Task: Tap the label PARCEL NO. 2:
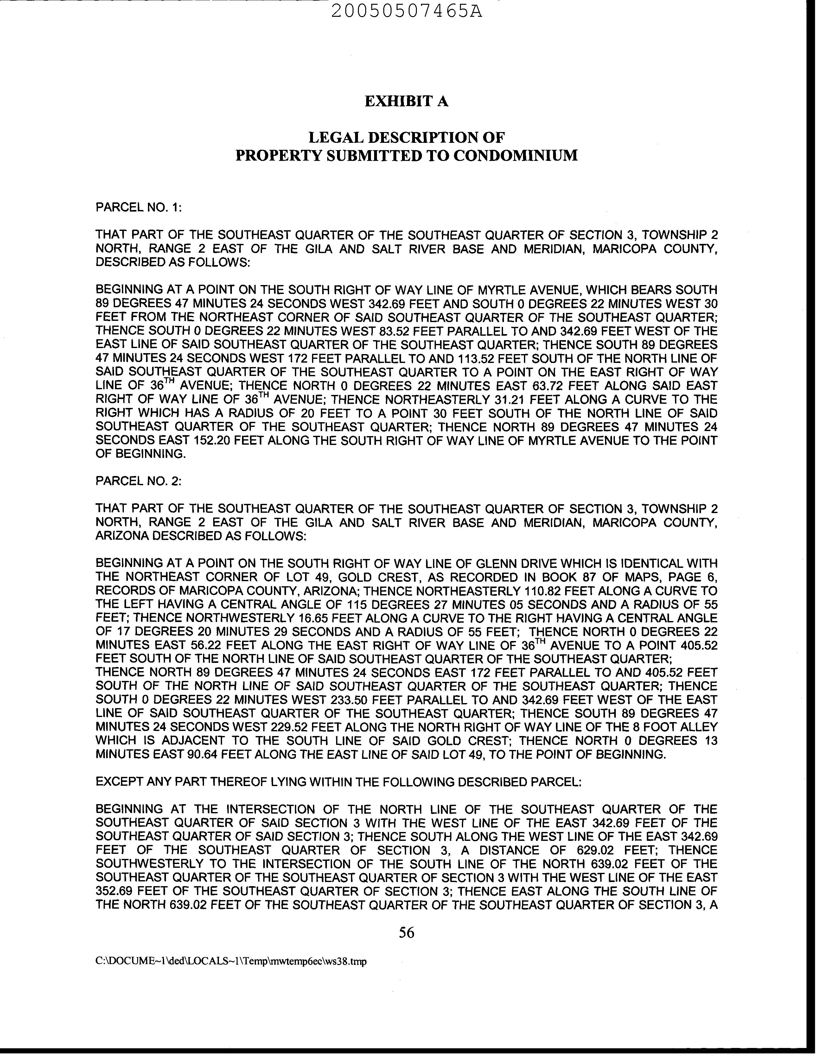pyautogui.click(x=138, y=481)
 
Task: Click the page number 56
pyautogui.click(x=406, y=933)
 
